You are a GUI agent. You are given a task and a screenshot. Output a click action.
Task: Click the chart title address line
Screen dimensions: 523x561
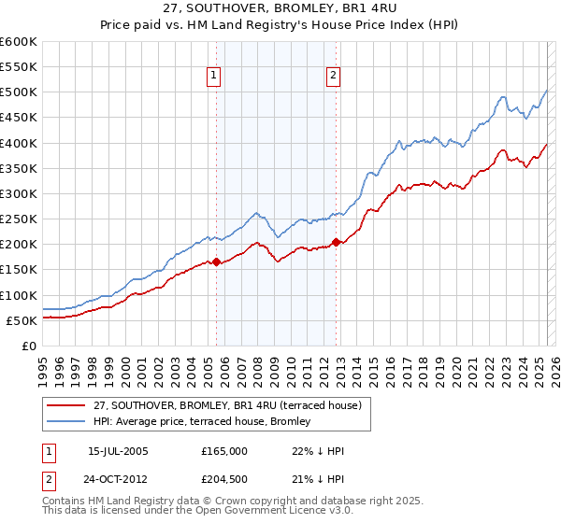tap(280, 7)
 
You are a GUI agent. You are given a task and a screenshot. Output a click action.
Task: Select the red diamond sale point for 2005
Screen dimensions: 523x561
tap(216, 262)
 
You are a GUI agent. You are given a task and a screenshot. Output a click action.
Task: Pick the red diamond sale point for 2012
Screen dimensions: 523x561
tap(337, 242)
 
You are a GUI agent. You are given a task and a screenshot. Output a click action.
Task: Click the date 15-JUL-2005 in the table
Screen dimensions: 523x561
tap(117, 451)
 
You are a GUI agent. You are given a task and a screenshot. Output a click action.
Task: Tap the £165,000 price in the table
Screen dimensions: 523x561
tap(224, 451)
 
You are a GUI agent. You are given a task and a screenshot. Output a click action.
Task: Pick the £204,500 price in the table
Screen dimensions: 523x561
tap(224, 479)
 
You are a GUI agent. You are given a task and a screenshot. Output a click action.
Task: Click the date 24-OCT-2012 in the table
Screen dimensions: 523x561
tap(119, 479)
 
